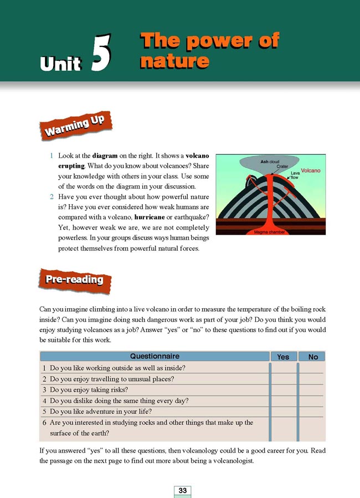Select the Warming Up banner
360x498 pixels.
(x=74, y=125)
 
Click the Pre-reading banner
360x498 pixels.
(x=75, y=280)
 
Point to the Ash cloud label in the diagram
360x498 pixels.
(x=270, y=161)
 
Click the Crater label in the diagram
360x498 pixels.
(x=283, y=167)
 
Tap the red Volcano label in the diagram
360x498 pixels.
(x=310, y=171)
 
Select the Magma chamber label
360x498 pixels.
(x=269, y=232)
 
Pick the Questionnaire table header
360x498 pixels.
(x=155, y=356)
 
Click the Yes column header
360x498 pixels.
(x=283, y=357)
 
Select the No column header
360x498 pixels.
(x=313, y=357)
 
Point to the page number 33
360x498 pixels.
(x=182, y=490)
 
